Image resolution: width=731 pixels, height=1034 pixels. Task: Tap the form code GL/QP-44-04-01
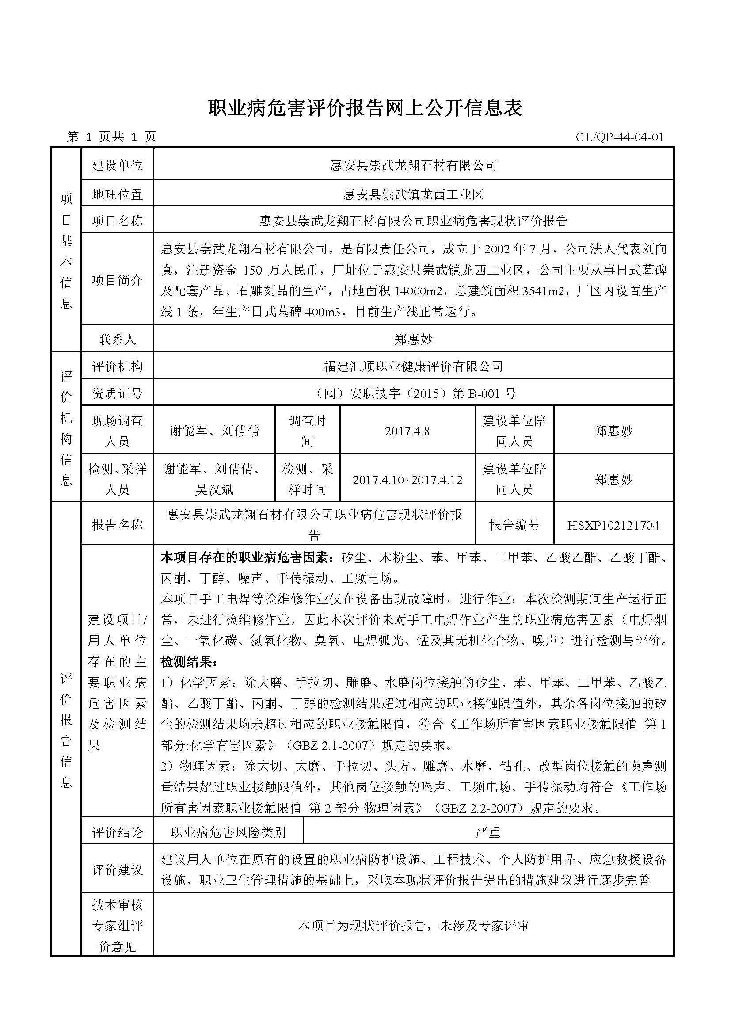(619, 137)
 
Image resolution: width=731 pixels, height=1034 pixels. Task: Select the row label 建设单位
(117, 165)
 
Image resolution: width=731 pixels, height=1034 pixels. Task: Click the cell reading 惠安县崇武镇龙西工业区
(413, 194)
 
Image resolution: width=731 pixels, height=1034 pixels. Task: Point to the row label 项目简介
(117, 280)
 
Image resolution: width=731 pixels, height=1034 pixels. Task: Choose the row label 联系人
(117, 339)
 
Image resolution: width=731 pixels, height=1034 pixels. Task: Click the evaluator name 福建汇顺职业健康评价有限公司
(413, 366)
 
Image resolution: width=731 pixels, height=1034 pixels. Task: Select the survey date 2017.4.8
(407, 431)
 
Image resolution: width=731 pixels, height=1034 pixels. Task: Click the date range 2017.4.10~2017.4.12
(407, 480)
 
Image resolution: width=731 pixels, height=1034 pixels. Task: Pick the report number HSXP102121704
(613, 525)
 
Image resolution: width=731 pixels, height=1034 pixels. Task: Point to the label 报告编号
(514, 525)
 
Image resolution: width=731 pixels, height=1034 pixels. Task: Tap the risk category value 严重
(488, 832)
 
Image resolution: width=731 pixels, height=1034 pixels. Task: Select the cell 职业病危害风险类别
(228, 832)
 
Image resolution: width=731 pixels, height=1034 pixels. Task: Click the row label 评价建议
(117, 870)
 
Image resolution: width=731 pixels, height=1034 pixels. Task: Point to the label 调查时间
(307, 431)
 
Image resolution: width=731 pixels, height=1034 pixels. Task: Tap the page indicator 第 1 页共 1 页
(111, 137)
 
